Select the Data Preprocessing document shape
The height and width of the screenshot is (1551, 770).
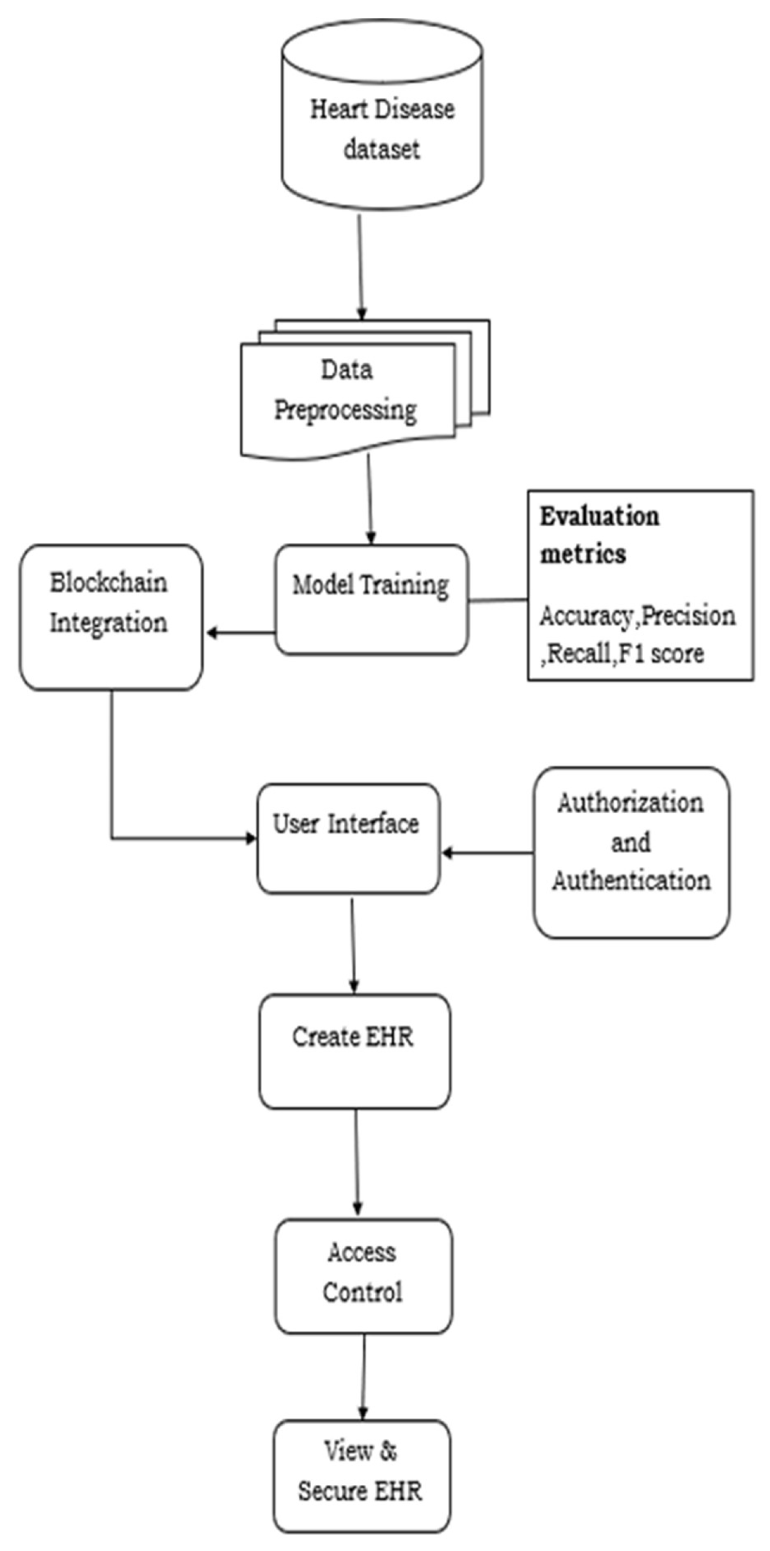[x=347, y=398]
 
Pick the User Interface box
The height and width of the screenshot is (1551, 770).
[x=348, y=838]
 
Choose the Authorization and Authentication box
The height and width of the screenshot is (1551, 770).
[x=631, y=852]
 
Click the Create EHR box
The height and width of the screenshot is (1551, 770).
[x=354, y=1050]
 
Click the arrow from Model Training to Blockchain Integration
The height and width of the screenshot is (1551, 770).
[x=241, y=633]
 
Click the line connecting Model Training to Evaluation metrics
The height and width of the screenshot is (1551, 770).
[x=498, y=600]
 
